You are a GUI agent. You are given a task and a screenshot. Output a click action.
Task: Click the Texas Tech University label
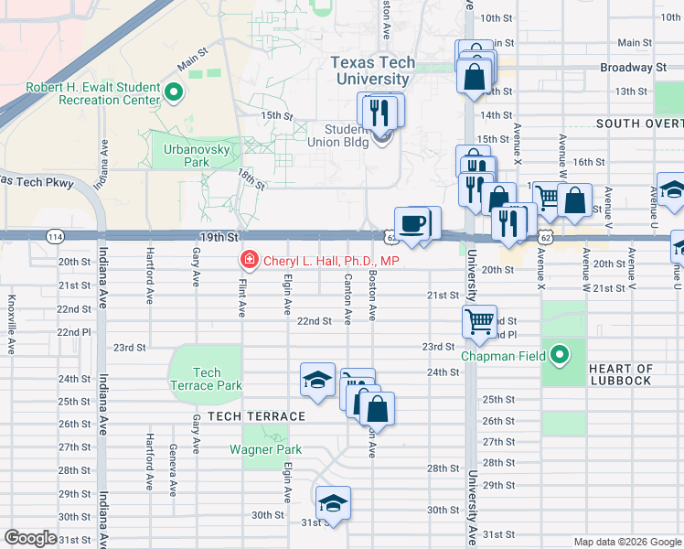point(372,70)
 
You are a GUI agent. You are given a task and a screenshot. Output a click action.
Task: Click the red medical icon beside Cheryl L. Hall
point(248,261)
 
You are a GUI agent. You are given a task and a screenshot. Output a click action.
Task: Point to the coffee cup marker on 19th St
point(413,222)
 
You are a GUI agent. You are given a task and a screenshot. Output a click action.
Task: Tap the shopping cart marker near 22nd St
point(479,322)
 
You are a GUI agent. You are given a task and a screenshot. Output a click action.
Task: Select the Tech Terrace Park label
point(206,379)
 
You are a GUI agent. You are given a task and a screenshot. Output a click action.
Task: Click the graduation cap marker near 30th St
point(333,503)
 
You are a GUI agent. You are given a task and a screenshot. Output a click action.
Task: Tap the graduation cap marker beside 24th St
point(317,380)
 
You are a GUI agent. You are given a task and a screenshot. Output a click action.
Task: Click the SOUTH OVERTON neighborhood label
point(639,123)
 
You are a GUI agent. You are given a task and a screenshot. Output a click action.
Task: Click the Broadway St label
point(633,68)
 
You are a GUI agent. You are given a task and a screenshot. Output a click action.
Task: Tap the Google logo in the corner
point(30,537)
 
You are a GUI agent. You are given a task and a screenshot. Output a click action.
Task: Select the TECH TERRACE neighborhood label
point(256,416)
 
